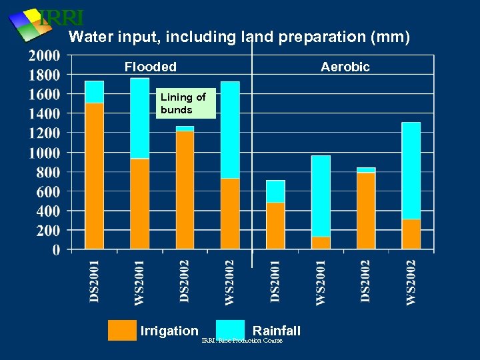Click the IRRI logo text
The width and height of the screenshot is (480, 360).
(x=61, y=18)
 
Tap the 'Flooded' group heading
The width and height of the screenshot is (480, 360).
(x=151, y=67)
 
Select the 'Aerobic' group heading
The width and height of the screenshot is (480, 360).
(x=345, y=67)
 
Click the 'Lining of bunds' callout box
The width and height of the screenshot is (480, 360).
(x=186, y=104)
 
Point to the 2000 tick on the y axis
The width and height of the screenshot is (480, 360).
(x=44, y=55)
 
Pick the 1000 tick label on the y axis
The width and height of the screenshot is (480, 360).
(x=44, y=153)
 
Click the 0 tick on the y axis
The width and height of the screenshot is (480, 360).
(x=55, y=250)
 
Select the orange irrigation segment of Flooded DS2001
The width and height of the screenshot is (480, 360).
(x=95, y=176)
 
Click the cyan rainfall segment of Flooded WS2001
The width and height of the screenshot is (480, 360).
(x=140, y=118)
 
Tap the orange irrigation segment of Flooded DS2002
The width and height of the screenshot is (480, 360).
(x=185, y=190)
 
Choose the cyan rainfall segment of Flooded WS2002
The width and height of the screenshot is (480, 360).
(x=230, y=130)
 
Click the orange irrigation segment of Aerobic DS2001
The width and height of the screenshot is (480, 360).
(x=275, y=225)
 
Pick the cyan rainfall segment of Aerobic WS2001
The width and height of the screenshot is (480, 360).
(x=321, y=196)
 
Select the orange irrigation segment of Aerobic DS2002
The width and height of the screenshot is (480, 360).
(x=366, y=211)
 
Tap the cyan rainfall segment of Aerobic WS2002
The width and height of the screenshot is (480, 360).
(x=411, y=171)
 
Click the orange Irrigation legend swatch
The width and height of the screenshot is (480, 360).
(x=122, y=330)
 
